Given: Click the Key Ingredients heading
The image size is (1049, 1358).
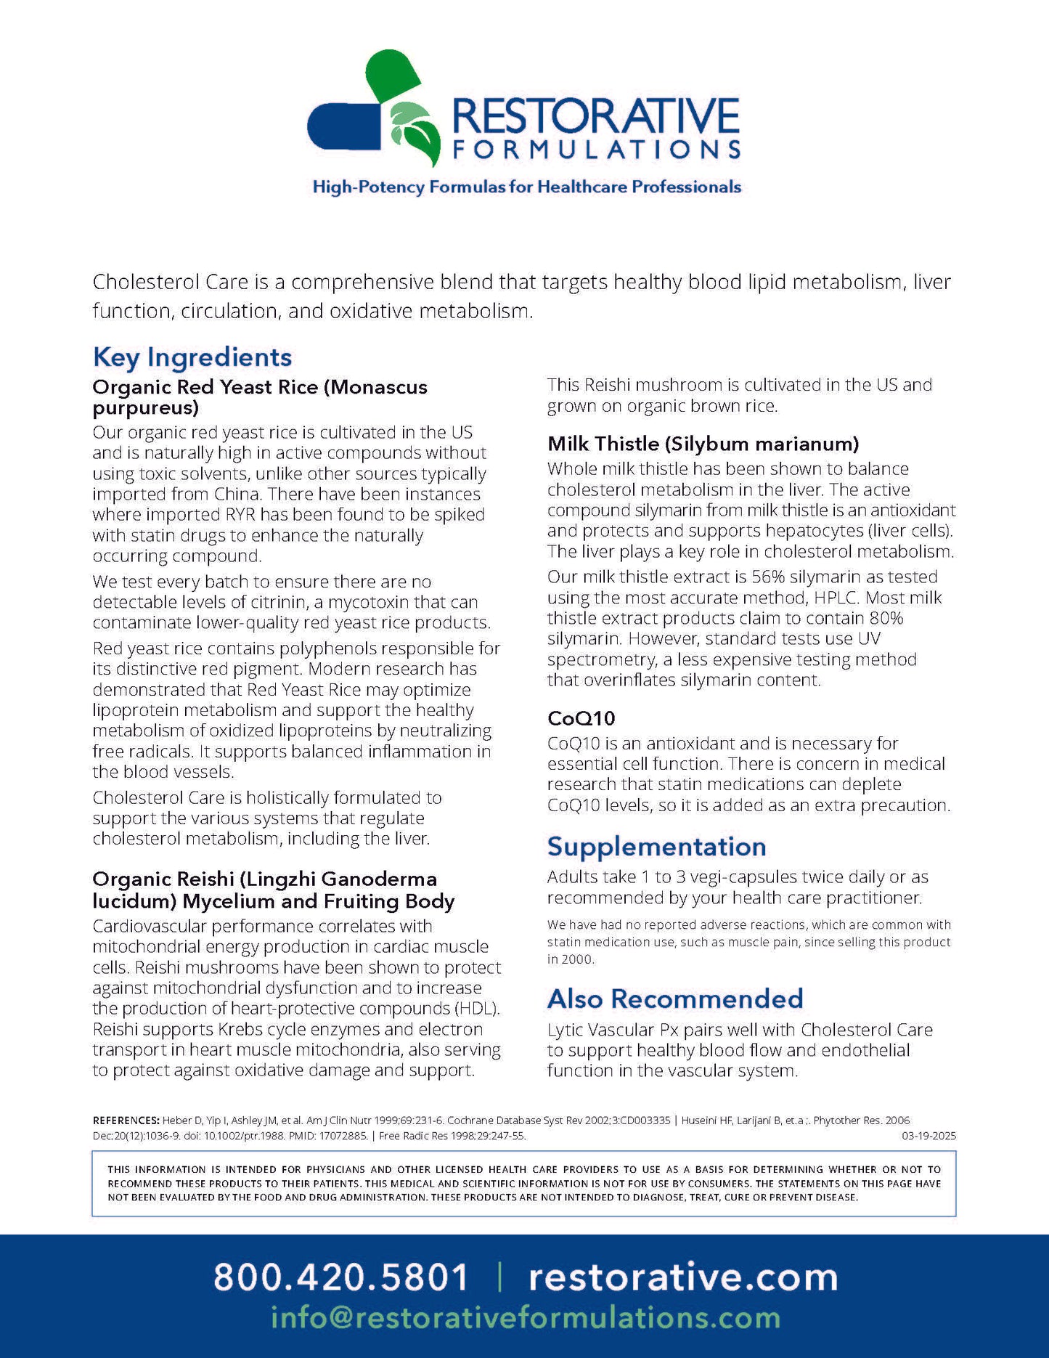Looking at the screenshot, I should [192, 357].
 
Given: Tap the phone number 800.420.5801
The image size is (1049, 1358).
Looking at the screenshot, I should [341, 1277].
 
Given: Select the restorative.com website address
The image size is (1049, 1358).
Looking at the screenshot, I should [683, 1277].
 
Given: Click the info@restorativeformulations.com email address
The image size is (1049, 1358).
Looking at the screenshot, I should [526, 1317].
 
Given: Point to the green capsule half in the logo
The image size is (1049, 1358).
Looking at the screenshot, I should [393, 76].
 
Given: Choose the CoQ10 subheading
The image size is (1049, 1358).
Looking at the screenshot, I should [581, 718].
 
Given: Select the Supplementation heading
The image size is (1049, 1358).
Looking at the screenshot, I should [656, 847].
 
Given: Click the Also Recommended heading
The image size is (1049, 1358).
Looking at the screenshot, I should [675, 999].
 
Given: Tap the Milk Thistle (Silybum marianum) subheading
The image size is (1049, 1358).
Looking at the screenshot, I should [703, 444].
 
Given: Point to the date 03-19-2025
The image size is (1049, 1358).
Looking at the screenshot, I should [928, 1136].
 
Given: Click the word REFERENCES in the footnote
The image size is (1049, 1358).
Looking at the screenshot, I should [126, 1121].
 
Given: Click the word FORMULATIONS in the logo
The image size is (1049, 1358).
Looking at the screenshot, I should [596, 150].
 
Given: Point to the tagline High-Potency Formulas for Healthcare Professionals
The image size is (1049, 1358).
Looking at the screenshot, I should [526, 187].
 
